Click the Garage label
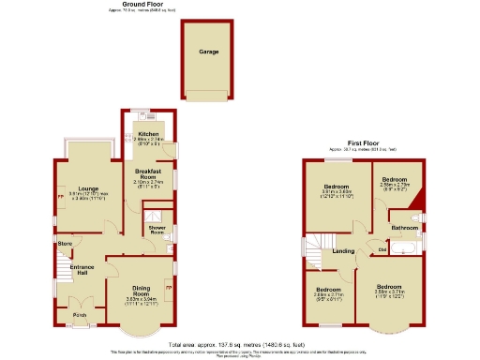(x=208, y=52)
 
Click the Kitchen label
(x=149, y=135)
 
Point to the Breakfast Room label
(x=149, y=172)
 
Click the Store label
(x=65, y=245)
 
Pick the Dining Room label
(x=139, y=290)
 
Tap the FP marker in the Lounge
(x=60, y=198)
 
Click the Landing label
(x=343, y=251)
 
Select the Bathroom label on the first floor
(x=404, y=228)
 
